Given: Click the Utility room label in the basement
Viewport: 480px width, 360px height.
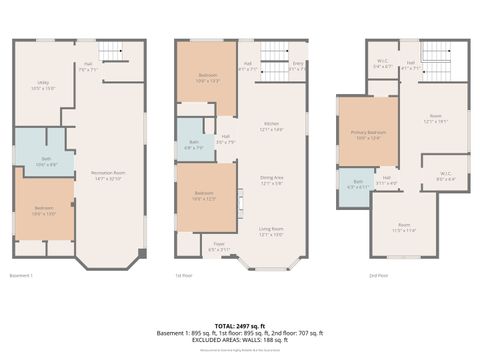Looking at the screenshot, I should [42, 86].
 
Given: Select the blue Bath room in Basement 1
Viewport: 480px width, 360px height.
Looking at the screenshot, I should [41, 160].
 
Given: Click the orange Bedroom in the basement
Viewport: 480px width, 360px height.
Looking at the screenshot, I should [44, 210].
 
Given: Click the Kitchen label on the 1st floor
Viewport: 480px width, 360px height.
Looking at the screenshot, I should [272, 128].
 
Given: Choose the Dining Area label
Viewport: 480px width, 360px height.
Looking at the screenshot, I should [272, 181].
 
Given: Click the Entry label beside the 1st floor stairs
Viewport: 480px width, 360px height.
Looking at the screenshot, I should [296, 68].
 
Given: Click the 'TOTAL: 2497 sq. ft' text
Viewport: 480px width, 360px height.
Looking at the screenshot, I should [240, 326].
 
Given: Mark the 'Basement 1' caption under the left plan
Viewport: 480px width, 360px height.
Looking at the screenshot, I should [21, 275].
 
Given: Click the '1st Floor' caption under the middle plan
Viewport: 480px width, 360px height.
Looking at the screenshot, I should [184, 275].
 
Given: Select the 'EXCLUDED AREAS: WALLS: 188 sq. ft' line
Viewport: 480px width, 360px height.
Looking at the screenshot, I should [240, 340].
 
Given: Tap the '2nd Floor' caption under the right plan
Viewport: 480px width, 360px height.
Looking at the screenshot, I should [378, 275].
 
